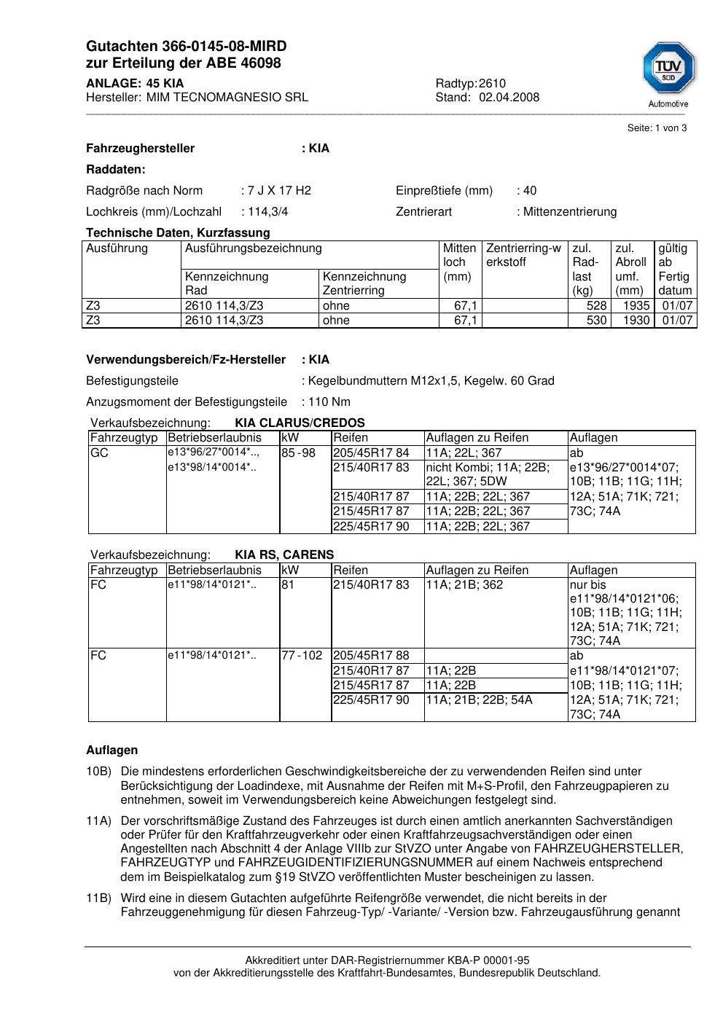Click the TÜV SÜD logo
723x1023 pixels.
(x=668, y=71)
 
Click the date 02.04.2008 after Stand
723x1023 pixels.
(x=509, y=97)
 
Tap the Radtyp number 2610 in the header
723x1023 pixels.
(x=492, y=83)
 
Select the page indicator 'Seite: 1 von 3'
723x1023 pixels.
(x=657, y=128)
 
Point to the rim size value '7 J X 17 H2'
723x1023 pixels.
(x=279, y=191)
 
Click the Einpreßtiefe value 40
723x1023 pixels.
(x=529, y=191)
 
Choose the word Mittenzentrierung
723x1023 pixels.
(x=569, y=212)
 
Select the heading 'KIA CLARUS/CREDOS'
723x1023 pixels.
(x=300, y=423)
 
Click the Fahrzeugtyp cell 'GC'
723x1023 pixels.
(x=99, y=452)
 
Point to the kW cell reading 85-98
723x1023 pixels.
(x=298, y=452)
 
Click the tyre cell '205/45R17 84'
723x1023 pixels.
(x=371, y=452)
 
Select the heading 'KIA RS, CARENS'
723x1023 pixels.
(x=284, y=554)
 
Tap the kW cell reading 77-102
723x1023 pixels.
(x=302, y=656)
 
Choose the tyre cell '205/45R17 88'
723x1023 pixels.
(x=371, y=656)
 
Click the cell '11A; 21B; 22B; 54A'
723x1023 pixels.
(x=479, y=700)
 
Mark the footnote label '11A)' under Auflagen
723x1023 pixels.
(x=98, y=821)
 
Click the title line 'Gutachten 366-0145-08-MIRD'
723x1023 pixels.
(x=186, y=47)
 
